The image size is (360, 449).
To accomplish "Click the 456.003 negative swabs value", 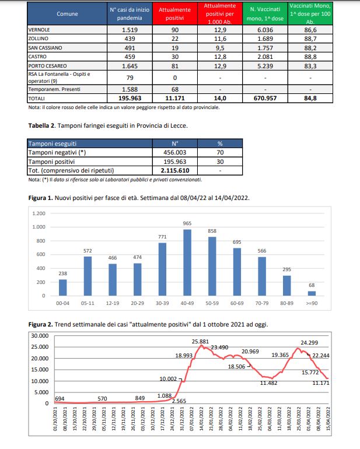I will pos(174,152).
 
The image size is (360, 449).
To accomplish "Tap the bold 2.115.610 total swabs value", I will pos(174,170).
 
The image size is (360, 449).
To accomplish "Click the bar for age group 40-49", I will pos(188,262).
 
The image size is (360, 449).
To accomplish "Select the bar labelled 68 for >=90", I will pos(312,293).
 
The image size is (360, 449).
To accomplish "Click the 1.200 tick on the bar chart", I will pos(39,213).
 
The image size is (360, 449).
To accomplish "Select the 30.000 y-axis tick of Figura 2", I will pos(40,335).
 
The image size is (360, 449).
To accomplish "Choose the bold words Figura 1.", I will pos(41,198).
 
